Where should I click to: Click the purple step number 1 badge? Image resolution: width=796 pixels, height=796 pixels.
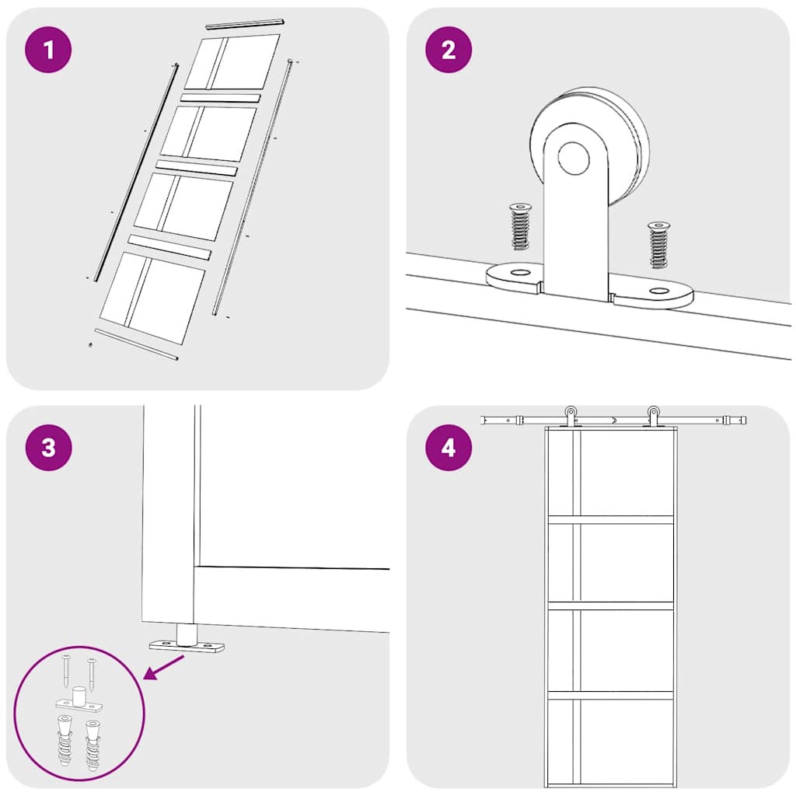tap(48, 50)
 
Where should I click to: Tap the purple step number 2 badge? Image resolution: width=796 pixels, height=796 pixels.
tap(449, 50)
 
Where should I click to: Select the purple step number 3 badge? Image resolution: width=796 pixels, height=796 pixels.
tap(48, 447)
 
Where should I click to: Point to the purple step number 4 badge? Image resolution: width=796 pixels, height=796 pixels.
tap(449, 447)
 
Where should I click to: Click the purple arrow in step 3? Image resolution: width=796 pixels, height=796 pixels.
tap(164, 666)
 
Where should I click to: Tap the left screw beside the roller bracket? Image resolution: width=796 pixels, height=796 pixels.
tap(519, 226)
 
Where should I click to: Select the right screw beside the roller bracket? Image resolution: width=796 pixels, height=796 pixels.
tap(658, 245)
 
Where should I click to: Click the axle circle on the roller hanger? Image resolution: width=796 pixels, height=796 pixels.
tap(574, 158)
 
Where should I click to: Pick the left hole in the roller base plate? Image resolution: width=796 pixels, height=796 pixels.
tap(519, 273)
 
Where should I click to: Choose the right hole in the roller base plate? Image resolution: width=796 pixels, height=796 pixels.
tap(659, 292)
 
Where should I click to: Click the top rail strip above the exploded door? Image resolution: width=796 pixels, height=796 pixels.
tap(245, 24)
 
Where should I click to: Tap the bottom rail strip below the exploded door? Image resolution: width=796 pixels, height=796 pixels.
tap(136, 344)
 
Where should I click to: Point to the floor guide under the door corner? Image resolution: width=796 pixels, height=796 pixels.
tap(187, 641)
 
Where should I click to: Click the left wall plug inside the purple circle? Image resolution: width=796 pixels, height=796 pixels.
tap(65, 740)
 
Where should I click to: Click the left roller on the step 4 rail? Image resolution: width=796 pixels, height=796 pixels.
tap(571, 417)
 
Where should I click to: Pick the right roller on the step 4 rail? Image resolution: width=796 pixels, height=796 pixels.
tap(653, 417)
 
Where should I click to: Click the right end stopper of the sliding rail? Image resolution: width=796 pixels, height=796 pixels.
tap(737, 421)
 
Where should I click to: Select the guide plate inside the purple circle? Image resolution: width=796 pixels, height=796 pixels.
tap(78, 700)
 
